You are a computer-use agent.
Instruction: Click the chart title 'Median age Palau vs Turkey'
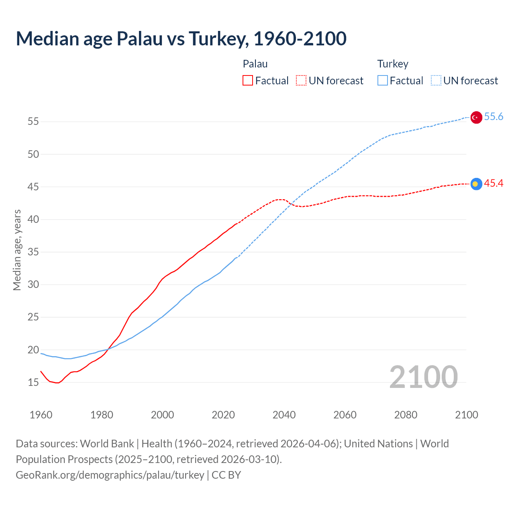tap(181, 39)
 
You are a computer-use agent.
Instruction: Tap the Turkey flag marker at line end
tap(476, 117)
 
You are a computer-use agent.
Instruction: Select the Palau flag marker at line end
tap(476, 184)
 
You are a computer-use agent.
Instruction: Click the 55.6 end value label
tap(494, 116)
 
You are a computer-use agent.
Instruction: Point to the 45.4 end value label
tap(494, 183)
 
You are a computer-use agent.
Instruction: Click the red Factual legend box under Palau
tap(248, 81)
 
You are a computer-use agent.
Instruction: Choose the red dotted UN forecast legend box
tap(301, 81)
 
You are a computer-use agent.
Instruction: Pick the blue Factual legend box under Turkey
tap(383, 81)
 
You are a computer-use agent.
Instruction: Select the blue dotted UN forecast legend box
tap(436, 81)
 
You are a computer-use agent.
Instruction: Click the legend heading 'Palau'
tap(255, 64)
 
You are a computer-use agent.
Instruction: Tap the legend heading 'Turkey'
tap(393, 64)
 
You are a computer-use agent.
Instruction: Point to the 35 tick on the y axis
tap(33, 252)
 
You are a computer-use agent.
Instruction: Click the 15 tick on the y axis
tap(33, 382)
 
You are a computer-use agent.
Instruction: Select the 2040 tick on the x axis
tap(284, 415)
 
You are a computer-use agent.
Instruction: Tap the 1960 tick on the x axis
tap(41, 415)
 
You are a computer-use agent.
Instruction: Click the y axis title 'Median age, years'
tap(17, 250)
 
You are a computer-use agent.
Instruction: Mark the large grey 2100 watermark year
tap(423, 377)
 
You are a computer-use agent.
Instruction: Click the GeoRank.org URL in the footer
tap(110, 475)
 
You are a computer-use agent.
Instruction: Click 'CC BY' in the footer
tap(226, 475)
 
